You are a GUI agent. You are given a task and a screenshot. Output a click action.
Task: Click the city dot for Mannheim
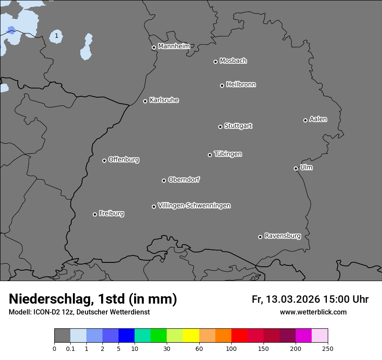coord(154,48)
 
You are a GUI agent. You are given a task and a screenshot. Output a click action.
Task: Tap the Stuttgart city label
coord(238,126)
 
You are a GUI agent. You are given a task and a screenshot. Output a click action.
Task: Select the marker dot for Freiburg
coord(95,214)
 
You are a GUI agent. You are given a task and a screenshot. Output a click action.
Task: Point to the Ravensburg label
coord(282,236)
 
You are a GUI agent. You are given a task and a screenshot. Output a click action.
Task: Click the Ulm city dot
coord(296,168)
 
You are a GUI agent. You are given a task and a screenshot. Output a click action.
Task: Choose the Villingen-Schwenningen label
coord(194,206)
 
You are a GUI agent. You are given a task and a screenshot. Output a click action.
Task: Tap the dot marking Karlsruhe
coord(145,101)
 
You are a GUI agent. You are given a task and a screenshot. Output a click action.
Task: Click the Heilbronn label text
coord(241,85)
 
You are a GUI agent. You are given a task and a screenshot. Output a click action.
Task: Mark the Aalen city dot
coord(305,120)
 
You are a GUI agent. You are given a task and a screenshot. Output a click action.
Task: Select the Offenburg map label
coord(123,160)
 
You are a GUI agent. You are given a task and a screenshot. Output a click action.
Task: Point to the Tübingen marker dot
coord(210,155)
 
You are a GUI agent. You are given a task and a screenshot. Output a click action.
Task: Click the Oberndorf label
coord(184,180)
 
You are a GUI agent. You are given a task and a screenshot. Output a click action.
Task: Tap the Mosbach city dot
coord(215,62)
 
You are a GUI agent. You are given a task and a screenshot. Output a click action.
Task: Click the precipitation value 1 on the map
coord(56,36)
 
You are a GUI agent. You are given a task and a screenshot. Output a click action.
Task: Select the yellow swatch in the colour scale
coord(191,336)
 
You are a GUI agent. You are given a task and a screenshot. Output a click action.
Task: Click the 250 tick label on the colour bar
coord(328,348)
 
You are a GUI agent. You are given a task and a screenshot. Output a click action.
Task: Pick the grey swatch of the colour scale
coord(62,336)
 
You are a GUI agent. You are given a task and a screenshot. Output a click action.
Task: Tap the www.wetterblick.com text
coord(313,312)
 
